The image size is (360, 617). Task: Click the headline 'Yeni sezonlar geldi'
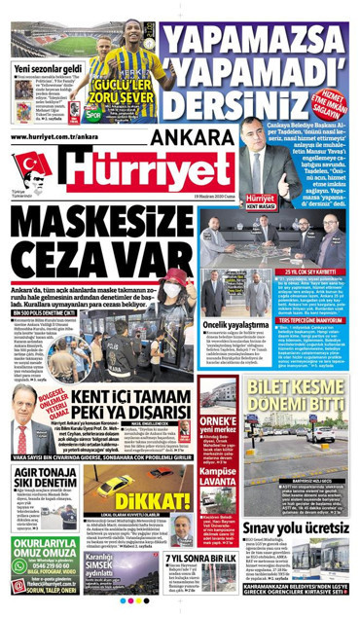pyautogui.click(x=48, y=69)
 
